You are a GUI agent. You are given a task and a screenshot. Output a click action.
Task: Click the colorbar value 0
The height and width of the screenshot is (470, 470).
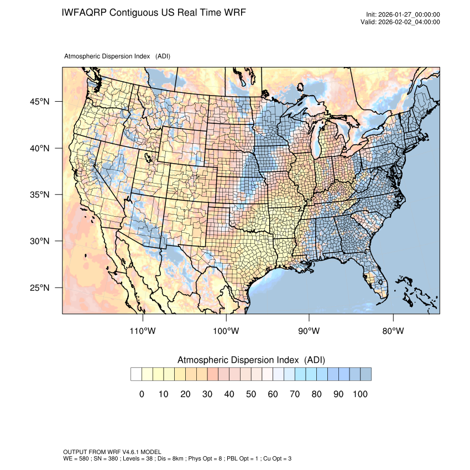point(142,394)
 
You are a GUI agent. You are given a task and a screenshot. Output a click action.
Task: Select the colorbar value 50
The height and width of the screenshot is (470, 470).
point(251,394)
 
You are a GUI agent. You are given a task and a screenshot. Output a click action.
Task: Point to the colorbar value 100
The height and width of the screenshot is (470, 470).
point(360,394)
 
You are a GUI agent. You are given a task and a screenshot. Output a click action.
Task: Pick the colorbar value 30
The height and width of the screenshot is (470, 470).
point(207,394)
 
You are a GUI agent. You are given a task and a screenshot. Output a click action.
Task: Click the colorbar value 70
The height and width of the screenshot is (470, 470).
point(295,394)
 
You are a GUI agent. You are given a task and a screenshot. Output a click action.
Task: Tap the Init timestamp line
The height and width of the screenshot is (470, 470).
point(403,14)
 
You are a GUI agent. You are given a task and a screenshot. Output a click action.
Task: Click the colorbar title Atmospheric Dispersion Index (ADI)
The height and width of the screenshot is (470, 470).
point(251,360)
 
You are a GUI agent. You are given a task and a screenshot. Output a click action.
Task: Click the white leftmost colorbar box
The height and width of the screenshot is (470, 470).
point(136,374)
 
